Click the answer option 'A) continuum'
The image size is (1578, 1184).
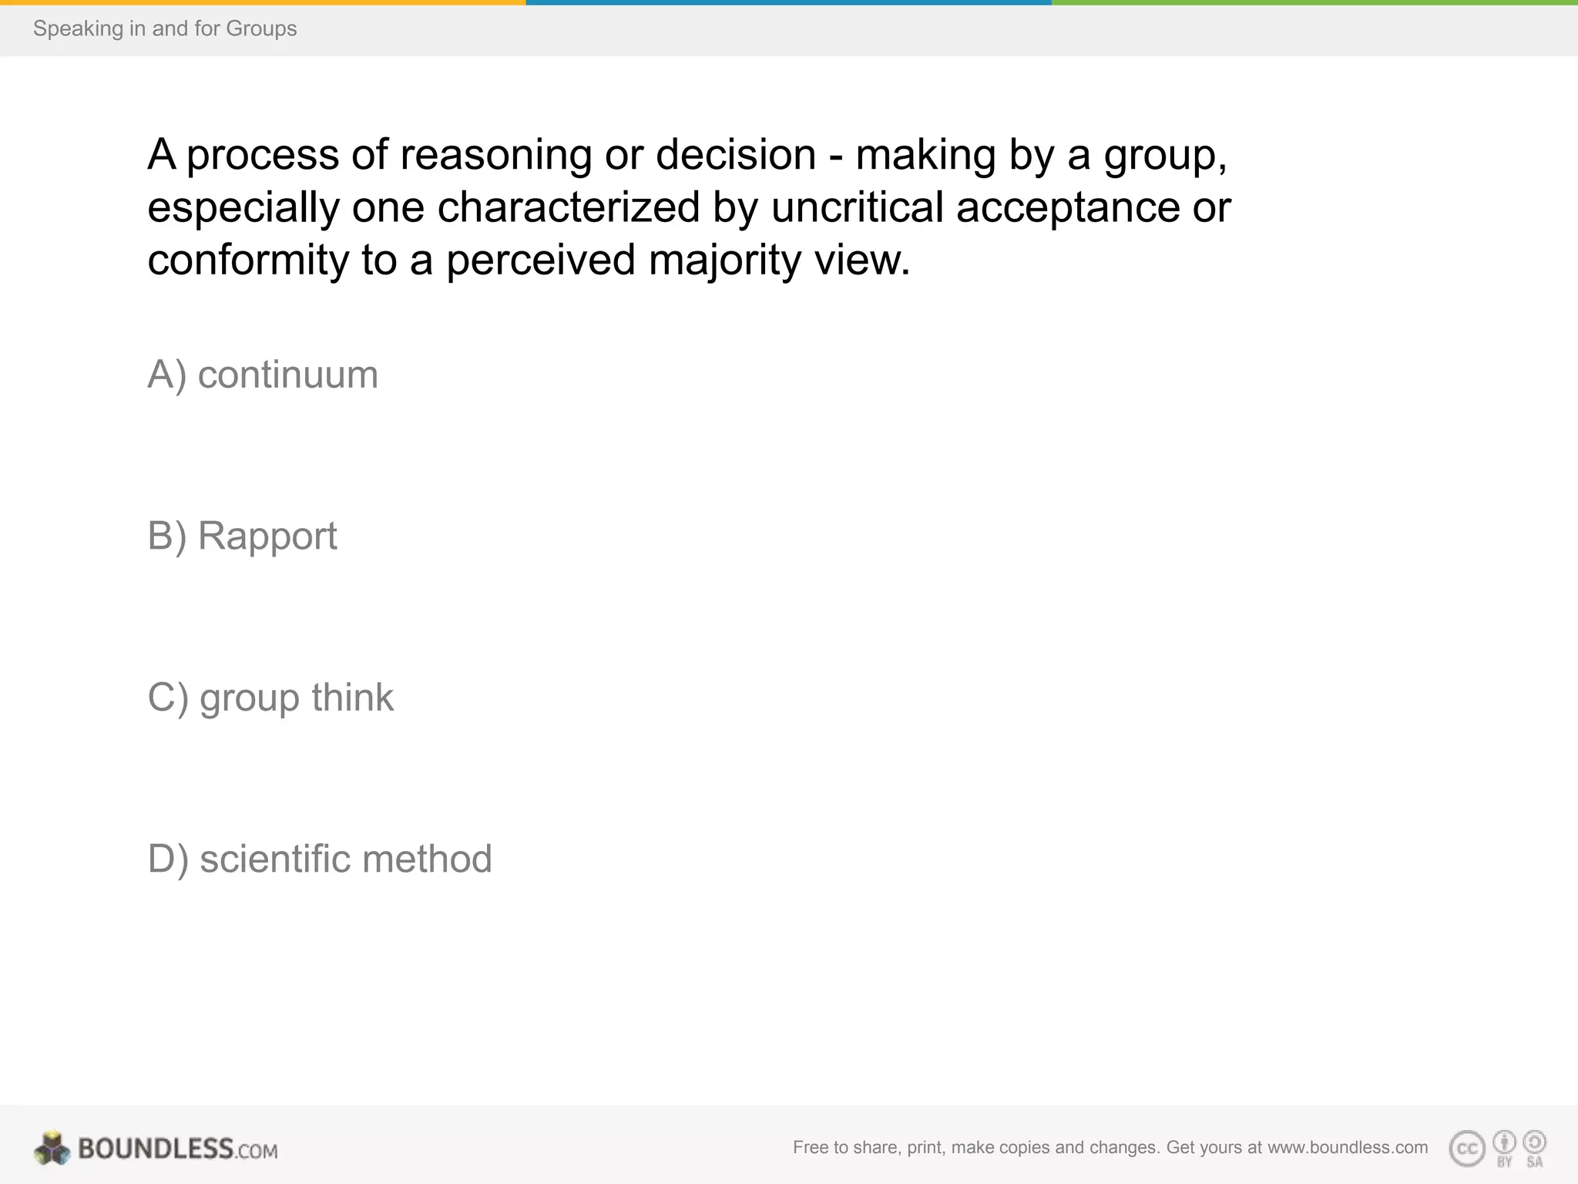263,375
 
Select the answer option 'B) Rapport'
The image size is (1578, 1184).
242,536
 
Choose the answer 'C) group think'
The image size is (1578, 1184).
270,698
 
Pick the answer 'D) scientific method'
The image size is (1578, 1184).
320,859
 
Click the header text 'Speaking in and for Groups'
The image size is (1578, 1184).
165,29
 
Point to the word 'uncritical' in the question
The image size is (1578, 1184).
857,207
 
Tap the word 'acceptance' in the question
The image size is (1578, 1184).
1068,209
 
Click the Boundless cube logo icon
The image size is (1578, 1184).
52,1149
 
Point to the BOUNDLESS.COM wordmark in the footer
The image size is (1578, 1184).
178,1149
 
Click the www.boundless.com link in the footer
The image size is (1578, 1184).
1348,1148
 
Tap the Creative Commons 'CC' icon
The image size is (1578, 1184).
1467,1149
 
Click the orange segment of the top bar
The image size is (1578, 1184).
263,2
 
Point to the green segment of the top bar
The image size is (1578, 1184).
1314,2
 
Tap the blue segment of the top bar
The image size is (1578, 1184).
789,2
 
